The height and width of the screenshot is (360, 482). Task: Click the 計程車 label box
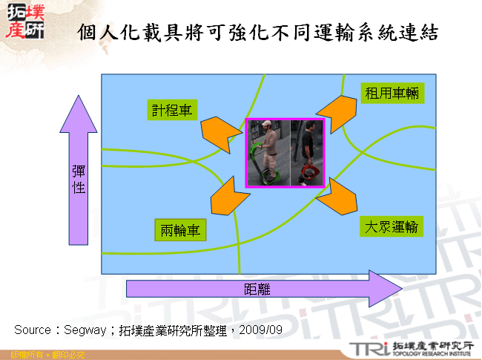coord(171,111)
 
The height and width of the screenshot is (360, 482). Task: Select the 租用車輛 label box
coord(394,94)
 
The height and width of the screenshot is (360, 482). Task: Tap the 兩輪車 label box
coord(181,230)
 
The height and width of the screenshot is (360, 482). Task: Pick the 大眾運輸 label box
coord(392,226)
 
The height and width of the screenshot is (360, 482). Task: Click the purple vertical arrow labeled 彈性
coord(78,171)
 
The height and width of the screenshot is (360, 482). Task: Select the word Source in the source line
coord(32,329)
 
